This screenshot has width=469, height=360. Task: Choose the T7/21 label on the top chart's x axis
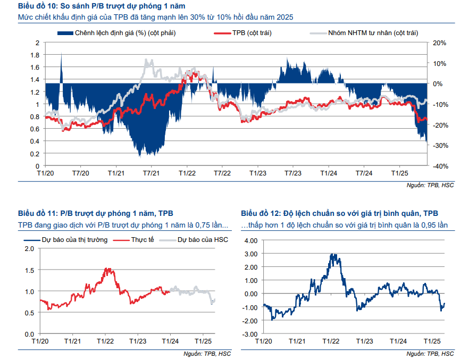[152, 173]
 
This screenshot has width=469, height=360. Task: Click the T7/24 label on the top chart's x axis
[364, 173]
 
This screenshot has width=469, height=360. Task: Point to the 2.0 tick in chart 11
[29, 249]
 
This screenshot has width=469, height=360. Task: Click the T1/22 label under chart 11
[105, 341]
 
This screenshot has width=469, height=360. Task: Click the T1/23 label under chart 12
[365, 341]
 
